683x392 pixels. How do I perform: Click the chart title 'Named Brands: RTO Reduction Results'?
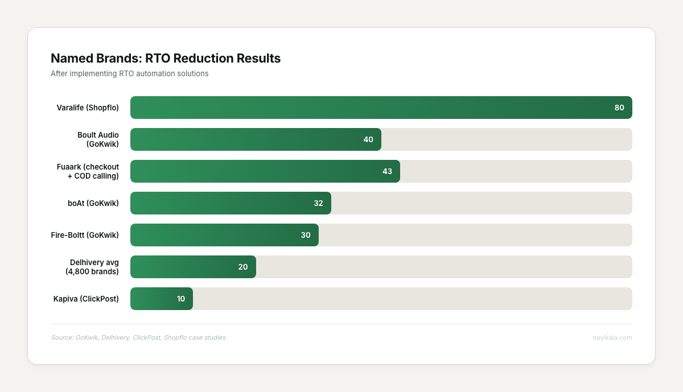pos(166,59)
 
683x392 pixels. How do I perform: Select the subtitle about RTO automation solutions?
pos(129,73)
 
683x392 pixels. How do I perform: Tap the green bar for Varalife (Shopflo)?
pos(370,108)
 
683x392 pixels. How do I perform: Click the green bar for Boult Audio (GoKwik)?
pos(250,139)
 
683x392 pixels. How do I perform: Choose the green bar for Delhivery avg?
pos(188,267)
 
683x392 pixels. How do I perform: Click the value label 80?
pos(619,108)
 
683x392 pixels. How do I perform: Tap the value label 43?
pos(387,171)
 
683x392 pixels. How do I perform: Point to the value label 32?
pos(318,203)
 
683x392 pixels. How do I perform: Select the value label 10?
pos(181,299)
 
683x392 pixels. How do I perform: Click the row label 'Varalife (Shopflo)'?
pos(88,108)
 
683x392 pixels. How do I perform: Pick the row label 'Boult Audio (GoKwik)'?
pos(98,139)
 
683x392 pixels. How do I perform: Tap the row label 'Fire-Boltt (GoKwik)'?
pos(85,235)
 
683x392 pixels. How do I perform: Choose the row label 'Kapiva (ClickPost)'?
pos(86,299)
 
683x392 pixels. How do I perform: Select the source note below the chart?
pos(138,337)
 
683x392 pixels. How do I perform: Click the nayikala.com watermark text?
pos(612,337)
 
